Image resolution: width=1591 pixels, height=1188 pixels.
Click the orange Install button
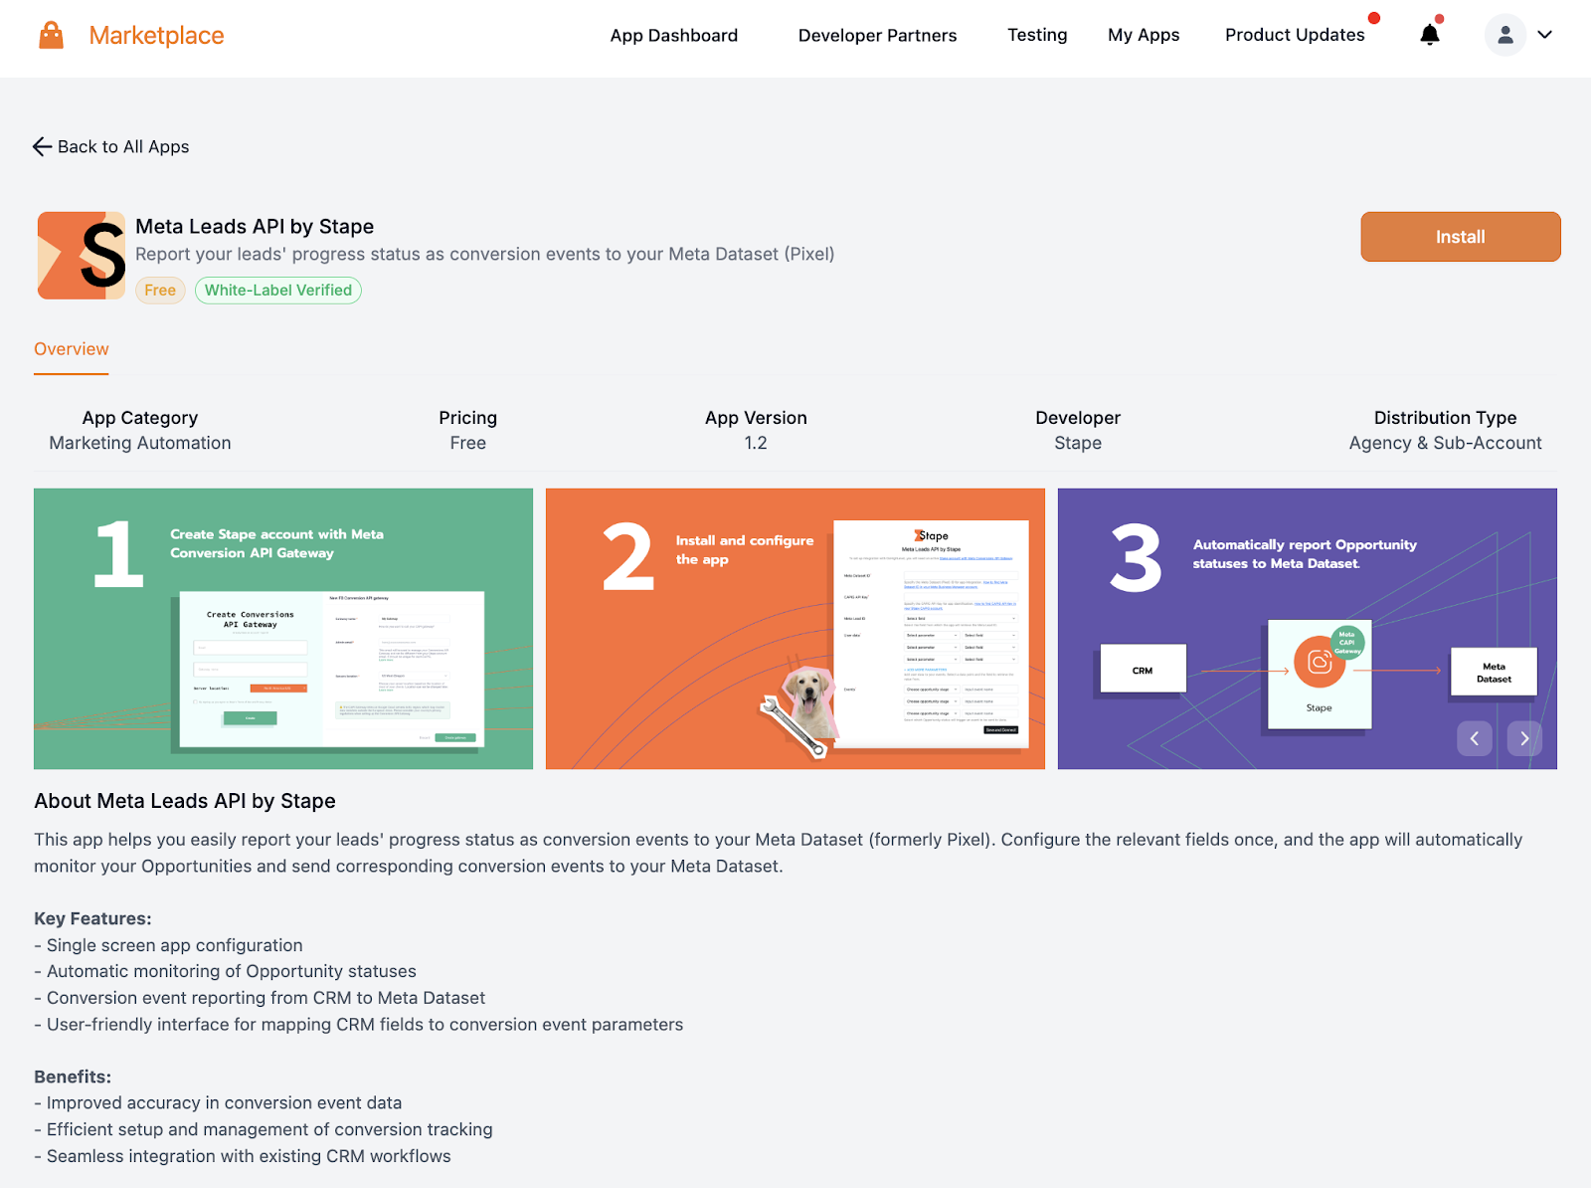tap(1460, 237)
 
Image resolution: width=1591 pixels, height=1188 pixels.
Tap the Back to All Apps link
tap(111, 147)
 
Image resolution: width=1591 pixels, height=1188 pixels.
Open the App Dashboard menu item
tap(673, 36)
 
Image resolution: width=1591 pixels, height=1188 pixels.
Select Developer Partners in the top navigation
tap(877, 36)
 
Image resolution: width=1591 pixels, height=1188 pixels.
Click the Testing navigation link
tap(1037, 35)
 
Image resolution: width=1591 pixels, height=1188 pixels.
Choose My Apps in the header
tap(1144, 36)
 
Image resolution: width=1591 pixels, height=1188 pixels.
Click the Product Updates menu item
tap(1295, 35)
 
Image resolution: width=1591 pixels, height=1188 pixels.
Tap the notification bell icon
tap(1430, 35)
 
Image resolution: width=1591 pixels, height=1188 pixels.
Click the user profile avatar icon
tap(1504, 35)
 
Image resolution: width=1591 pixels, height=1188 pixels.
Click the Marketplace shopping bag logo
tap(52, 36)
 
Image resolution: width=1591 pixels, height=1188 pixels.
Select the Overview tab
tap(72, 349)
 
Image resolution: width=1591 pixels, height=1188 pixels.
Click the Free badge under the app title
tap(160, 291)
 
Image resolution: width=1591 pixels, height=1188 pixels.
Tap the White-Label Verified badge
tap(278, 291)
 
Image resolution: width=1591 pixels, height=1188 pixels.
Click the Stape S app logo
tap(82, 256)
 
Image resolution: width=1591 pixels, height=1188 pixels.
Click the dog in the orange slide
tap(808, 700)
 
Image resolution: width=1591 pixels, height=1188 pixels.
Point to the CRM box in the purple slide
tap(1143, 670)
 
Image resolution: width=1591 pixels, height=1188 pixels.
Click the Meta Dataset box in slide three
tap(1494, 673)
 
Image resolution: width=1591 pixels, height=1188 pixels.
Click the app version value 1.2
tap(756, 444)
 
